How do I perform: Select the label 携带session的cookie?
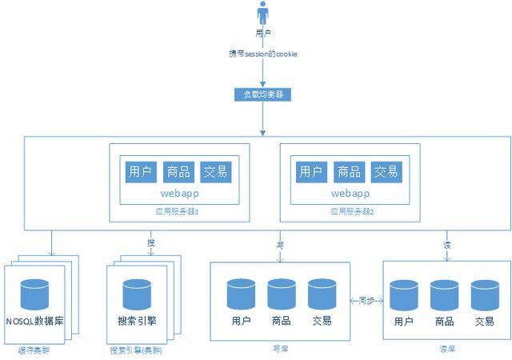click(263, 54)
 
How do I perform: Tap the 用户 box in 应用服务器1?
click(139, 171)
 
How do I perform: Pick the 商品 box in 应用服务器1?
click(177, 171)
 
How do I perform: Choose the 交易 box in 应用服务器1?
click(215, 171)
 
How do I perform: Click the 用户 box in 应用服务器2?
click(310, 171)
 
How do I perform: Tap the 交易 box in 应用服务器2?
click(386, 171)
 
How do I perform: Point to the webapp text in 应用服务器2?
click(350, 194)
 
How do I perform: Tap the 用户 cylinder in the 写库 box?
click(241, 294)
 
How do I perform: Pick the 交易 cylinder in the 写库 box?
click(322, 294)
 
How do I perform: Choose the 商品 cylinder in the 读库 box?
click(445, 294)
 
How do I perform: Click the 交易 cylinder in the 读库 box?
click(485, 294)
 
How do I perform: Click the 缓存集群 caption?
click(33, 350)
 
